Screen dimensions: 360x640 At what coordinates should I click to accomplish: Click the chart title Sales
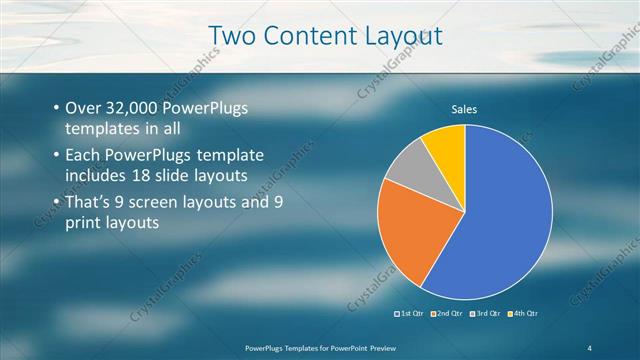tap(464, 108)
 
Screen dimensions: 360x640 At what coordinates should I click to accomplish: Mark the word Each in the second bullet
tap(83, 157)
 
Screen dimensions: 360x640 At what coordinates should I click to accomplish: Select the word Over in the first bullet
tap(83, 109)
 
